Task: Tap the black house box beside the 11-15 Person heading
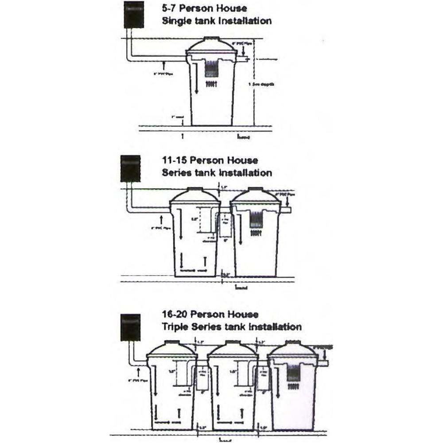tap(131, 169)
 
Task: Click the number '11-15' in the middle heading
tap(175, 160)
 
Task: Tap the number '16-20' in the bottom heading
tap(175, 315)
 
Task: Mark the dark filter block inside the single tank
tap(211, 70)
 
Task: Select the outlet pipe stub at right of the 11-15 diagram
tap(286, 210)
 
